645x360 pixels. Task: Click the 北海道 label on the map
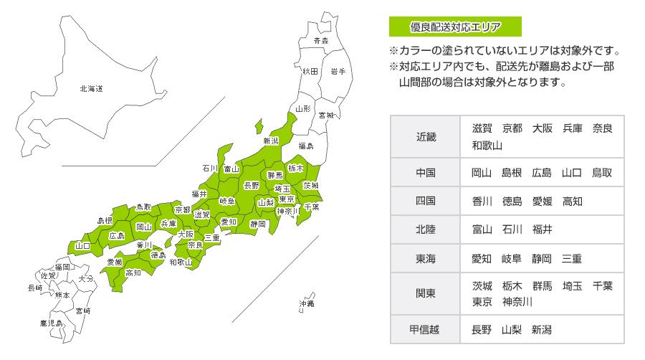point(91,89)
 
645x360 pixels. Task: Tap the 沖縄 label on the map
point(306,304)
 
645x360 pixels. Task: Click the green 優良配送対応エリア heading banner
point(454,28)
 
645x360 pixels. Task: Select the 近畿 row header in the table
point(426,136)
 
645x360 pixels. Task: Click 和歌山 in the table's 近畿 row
point(487,146)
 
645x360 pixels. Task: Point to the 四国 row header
point(426,201)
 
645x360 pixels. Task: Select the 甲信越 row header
point(426,330)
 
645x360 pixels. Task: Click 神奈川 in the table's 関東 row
point(517,302)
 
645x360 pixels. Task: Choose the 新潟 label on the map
point(271,141)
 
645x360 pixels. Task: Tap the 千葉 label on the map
point(311,207)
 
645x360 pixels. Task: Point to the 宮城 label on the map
point(326,115)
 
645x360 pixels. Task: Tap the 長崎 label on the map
point(34,288)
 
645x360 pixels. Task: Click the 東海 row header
point(426,258)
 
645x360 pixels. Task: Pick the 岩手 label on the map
point(338,72)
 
